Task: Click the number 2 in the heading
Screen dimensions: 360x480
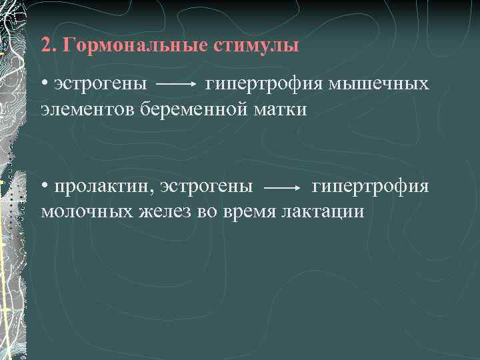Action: pos(45,47)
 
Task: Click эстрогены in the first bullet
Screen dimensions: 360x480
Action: pos(101,85)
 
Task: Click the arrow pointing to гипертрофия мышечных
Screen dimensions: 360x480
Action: pos(176,86)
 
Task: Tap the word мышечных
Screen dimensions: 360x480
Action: pos(380,85)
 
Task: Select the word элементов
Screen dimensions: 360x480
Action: pos(87,109)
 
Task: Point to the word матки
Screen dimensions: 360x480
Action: pos(283,109)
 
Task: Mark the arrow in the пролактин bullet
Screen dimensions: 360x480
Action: pos(283,189)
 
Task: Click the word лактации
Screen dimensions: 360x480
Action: pos(323,211)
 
